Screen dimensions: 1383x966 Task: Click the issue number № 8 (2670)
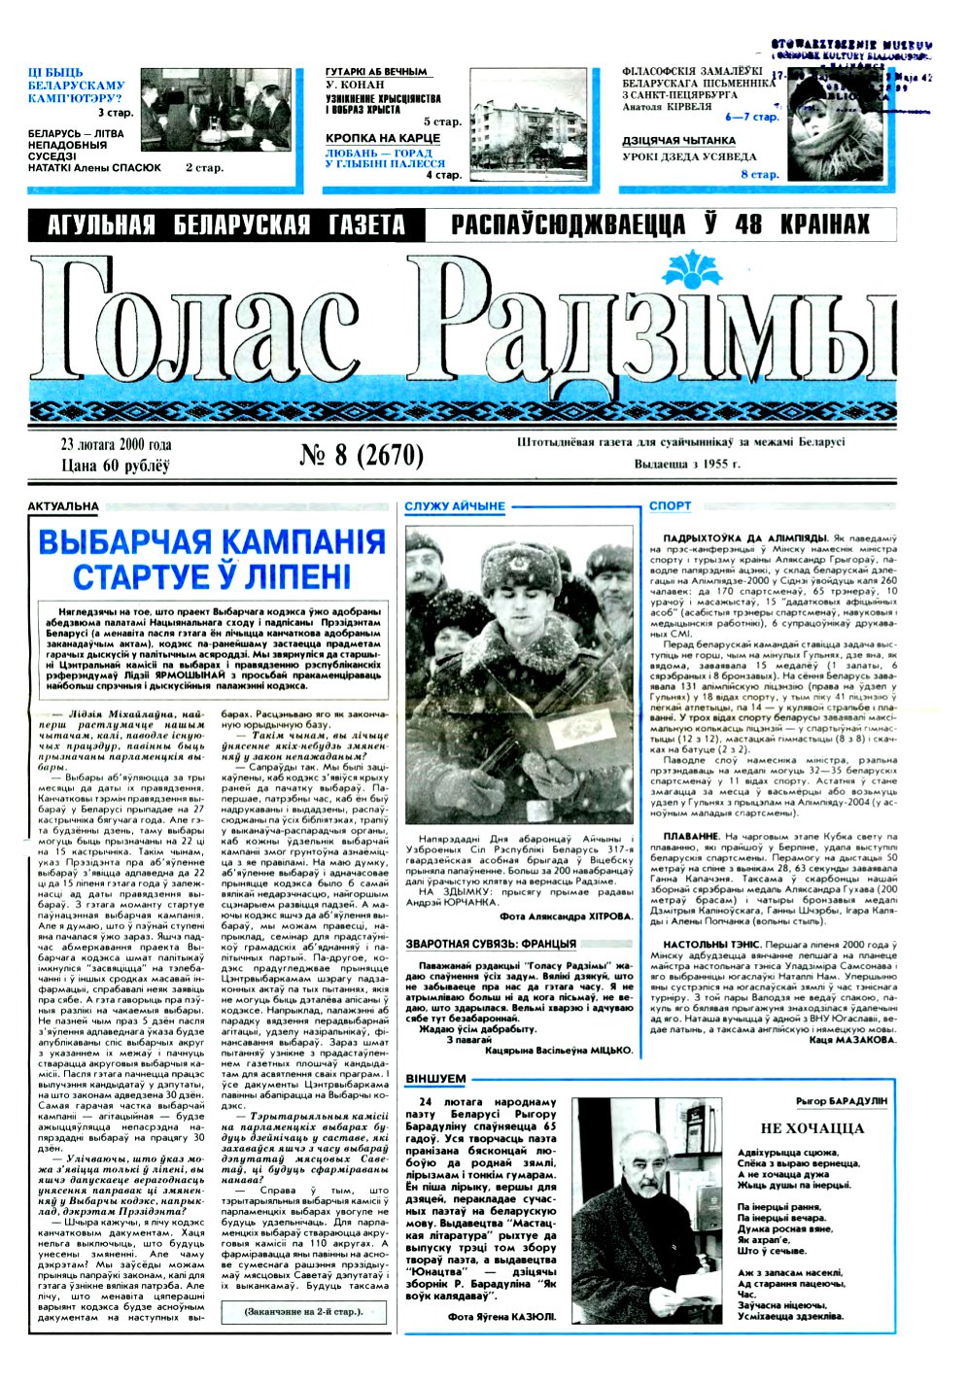coord(362,455)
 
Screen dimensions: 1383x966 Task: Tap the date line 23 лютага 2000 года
coord(115,445)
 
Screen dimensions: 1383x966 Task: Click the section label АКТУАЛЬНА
coord(63,506)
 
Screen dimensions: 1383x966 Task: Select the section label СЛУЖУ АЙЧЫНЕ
coord(455,506)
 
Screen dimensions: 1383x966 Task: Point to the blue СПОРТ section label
coord(671,506)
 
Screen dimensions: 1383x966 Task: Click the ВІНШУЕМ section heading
coord(435,1080)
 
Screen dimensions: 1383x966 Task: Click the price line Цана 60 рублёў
coord(115,466)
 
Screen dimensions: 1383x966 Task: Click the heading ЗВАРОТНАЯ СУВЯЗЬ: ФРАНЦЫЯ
coord(491,944)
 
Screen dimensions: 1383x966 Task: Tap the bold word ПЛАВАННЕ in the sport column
coord(690,836)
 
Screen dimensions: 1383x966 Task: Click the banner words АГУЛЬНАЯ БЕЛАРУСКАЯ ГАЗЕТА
coord(226,226)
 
